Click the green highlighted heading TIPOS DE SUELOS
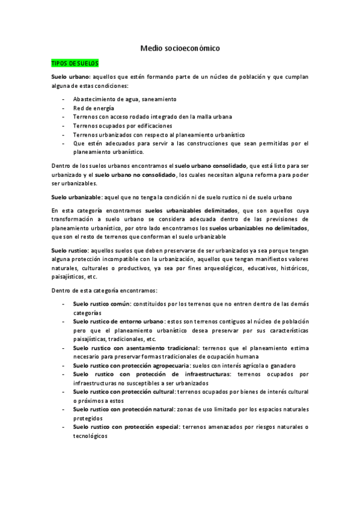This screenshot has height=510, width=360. point(75,63)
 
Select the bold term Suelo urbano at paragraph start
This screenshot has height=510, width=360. point(70,78)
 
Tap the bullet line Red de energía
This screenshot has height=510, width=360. point(93,108)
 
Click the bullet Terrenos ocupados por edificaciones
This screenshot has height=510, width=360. point(123,126)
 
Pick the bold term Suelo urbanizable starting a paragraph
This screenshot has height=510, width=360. point(76,197)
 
